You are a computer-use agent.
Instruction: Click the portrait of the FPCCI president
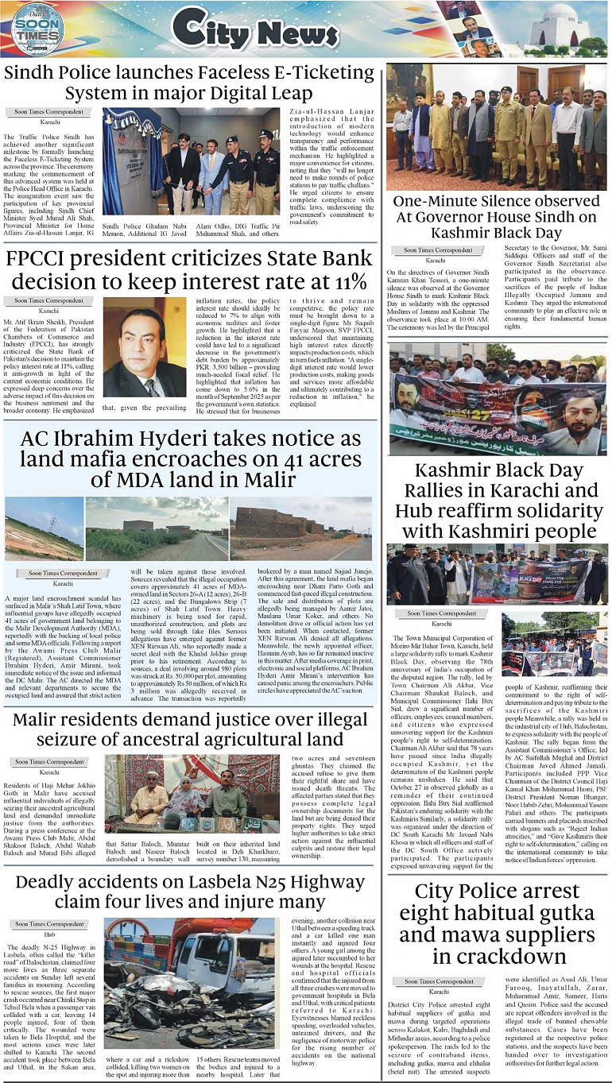145,350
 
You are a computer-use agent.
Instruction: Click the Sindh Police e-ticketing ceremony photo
192,161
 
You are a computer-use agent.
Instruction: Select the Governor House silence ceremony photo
496,127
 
